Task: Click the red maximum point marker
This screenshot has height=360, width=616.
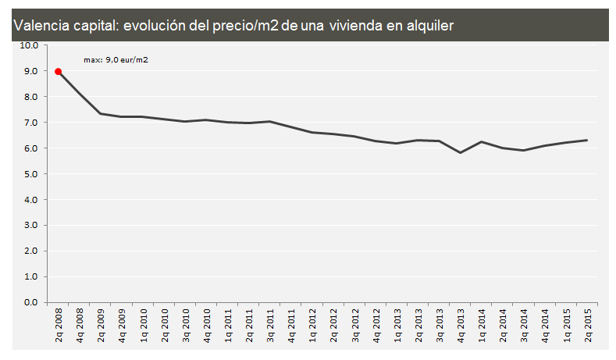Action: pyautogui.click(x=59, y=71)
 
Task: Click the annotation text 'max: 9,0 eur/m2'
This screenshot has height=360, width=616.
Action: pyautogui.click(x=116, y=59)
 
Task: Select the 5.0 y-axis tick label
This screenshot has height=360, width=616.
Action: pyautogui.click(x=31, y=174)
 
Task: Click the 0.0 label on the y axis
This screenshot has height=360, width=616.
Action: pyautogui.click(x=31, y=302)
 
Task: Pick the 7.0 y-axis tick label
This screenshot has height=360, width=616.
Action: pyautogui.click(x=31, y=123)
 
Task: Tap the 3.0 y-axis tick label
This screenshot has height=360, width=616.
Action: pyautogui.click(x=31, y=226)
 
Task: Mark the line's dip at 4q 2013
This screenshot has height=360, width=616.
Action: pyautogui.click(x=461, y=152)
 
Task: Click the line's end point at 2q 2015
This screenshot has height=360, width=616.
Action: pyautogui.click(x=587, y=141)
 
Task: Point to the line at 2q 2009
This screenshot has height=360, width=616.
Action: pyautogui.click(x=101, y=114)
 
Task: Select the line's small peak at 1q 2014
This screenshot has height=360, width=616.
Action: pyautogui.click(x=482, y=142)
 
